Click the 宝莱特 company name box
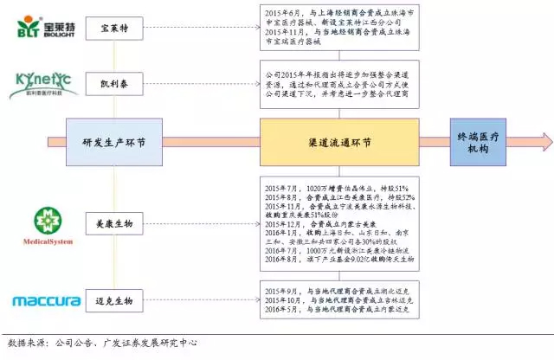pos(116,29)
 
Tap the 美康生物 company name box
pos(116,223)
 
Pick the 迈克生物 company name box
pos(116,301)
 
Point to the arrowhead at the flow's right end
pos(544,142)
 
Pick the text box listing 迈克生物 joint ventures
pos(337,301)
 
